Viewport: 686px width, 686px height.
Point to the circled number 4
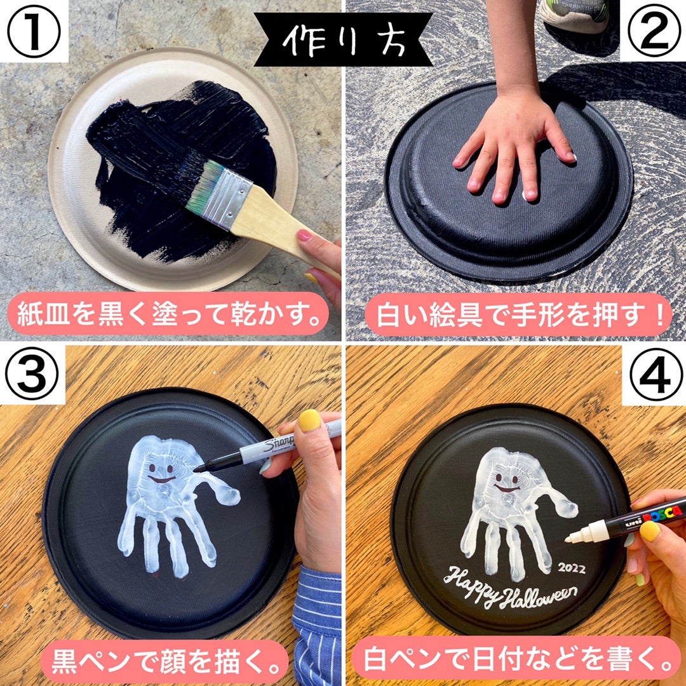[653, 375]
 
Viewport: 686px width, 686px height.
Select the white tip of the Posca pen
[575, 535]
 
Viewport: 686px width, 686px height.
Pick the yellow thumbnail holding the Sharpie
[309, 420]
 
